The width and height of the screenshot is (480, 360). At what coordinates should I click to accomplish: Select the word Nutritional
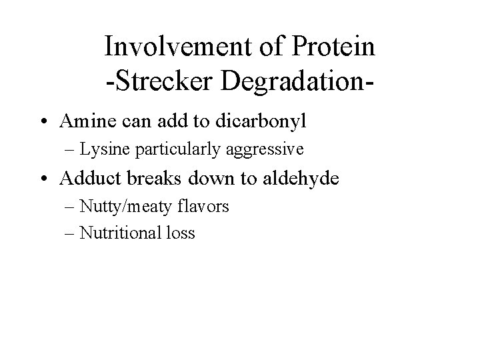click(121, 233)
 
